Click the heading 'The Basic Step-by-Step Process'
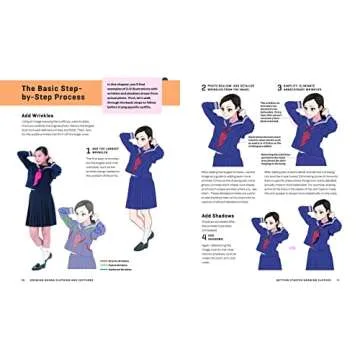(53, 99)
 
